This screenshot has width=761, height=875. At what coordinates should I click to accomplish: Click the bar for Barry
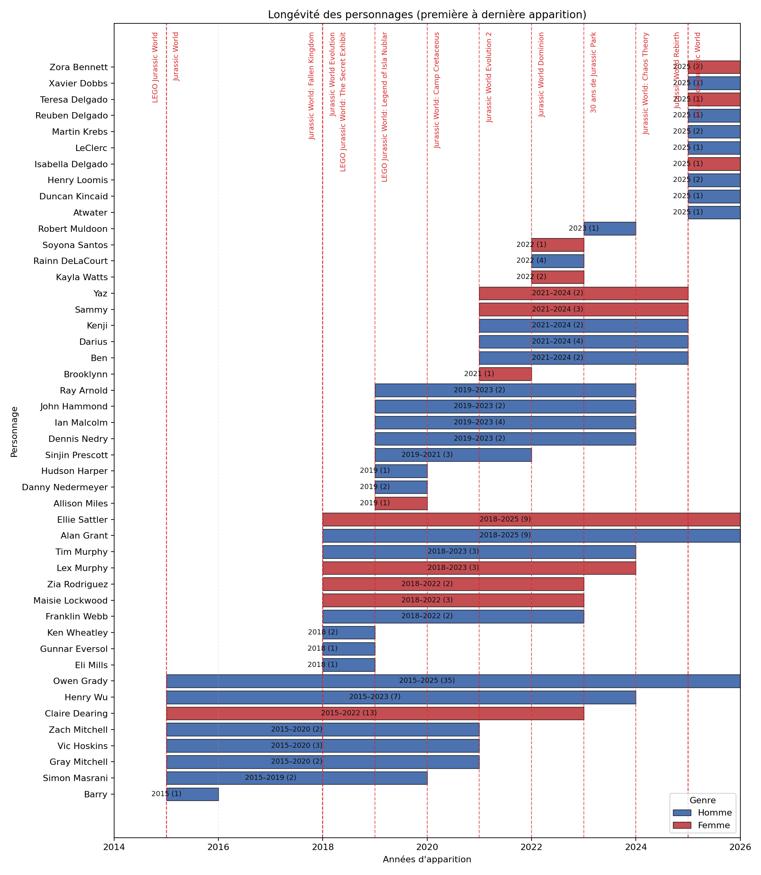(192, 794)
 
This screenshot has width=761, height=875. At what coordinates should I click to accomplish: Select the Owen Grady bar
(453, 681)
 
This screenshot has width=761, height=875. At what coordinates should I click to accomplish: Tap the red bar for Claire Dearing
(375, 714)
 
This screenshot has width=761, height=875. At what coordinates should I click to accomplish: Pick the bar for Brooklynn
(505, 374)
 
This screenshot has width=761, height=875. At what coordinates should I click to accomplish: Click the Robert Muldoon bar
(610, 229)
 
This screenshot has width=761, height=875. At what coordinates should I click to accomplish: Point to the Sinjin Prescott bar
(453, 455)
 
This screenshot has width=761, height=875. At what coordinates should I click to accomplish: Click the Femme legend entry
(714, 825)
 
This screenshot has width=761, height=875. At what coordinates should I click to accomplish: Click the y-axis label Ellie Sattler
(82, 520)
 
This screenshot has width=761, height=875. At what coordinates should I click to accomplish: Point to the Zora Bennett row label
(78, 67)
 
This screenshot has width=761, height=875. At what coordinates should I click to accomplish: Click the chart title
(427, 15)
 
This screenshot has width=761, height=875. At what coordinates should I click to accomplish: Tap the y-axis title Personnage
(14, 431)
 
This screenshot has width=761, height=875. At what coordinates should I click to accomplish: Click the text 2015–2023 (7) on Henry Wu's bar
(375, 697)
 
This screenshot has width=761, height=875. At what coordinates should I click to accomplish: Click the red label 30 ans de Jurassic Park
(594, 73)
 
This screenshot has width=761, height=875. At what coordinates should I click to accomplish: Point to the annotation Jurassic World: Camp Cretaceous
(437, 90)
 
